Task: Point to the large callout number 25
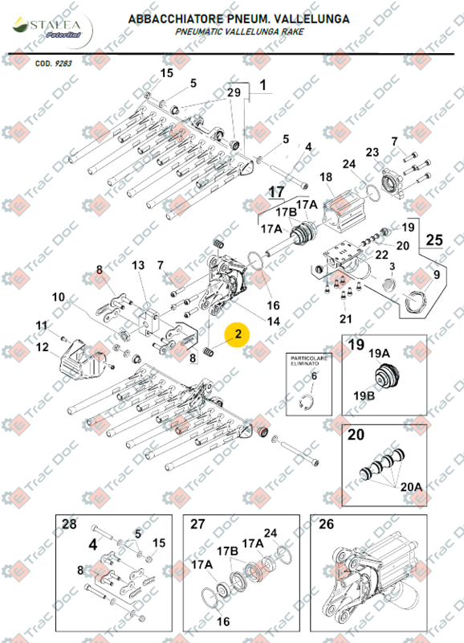click(433, 240)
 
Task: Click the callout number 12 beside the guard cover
click(41, 347)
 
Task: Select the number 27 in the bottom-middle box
click(197, 524)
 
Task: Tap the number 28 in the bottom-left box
click(68, 524)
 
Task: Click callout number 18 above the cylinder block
click(325, 177)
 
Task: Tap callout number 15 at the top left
click(166, 73)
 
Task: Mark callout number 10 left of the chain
click(59, 297)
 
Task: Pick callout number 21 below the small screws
click(346, 319)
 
